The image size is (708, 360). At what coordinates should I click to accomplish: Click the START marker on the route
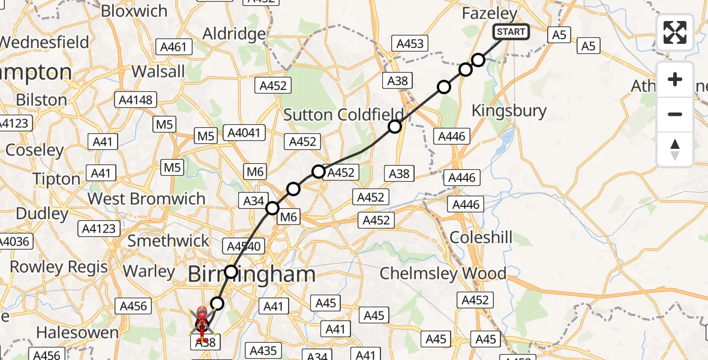coord(511,32)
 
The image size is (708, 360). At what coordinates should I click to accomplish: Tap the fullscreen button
coord(675,32)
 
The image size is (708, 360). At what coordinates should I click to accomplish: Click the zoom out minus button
coord(675,114)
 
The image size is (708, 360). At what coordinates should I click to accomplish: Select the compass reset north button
coord(675,149)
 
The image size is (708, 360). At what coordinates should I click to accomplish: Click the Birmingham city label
coord(251,274)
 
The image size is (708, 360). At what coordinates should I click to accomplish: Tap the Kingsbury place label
coord(509,110)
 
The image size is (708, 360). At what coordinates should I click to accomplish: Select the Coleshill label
coord(481,238)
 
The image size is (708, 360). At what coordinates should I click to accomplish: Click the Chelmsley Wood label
coord(443,274)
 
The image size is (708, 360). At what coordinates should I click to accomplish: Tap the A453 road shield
coord(410,43)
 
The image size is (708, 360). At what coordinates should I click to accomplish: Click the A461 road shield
coord(174,47)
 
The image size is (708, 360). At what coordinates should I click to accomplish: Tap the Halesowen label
coord(77,332)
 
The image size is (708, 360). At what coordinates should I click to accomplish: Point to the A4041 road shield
coord(244,132)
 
